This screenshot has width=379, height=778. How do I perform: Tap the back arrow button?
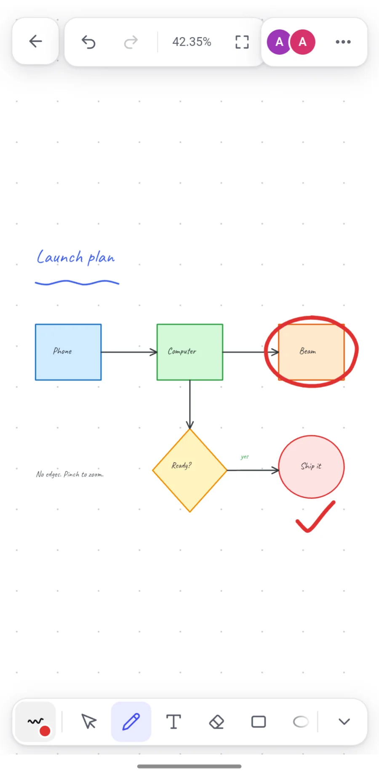click(x=35, y=41)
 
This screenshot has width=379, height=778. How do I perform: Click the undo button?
click(x=88, y=42)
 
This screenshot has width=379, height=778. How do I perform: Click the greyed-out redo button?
click(x=131, y=42)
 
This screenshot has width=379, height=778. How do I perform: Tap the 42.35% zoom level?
click(x=192, y=42)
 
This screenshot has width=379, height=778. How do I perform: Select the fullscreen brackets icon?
click(x=242, y=42)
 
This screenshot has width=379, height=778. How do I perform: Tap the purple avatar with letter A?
click(x=279, y=42)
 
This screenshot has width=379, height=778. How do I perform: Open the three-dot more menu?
click(x=343, y=42)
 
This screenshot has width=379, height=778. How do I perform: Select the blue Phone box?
click(x=68, y=352)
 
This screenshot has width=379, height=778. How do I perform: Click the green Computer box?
click(x=190, y=352)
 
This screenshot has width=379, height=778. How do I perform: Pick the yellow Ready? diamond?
click(x=190, y=470)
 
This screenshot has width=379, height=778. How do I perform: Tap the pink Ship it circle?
click(x=312, y=467)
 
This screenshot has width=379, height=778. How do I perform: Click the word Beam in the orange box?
click(x=308, y=351)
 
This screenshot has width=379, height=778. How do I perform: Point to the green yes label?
click(x=245, y=457)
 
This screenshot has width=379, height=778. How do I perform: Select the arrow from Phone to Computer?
click(x=129, y=352)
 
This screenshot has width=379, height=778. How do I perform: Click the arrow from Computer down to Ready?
click(x=190, y=405)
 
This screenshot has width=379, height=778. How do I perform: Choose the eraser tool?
click(x=216, y=722)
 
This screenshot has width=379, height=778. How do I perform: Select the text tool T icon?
click(x=173, y=722)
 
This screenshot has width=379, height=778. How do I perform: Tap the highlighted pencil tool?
click(x=131, y=722)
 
